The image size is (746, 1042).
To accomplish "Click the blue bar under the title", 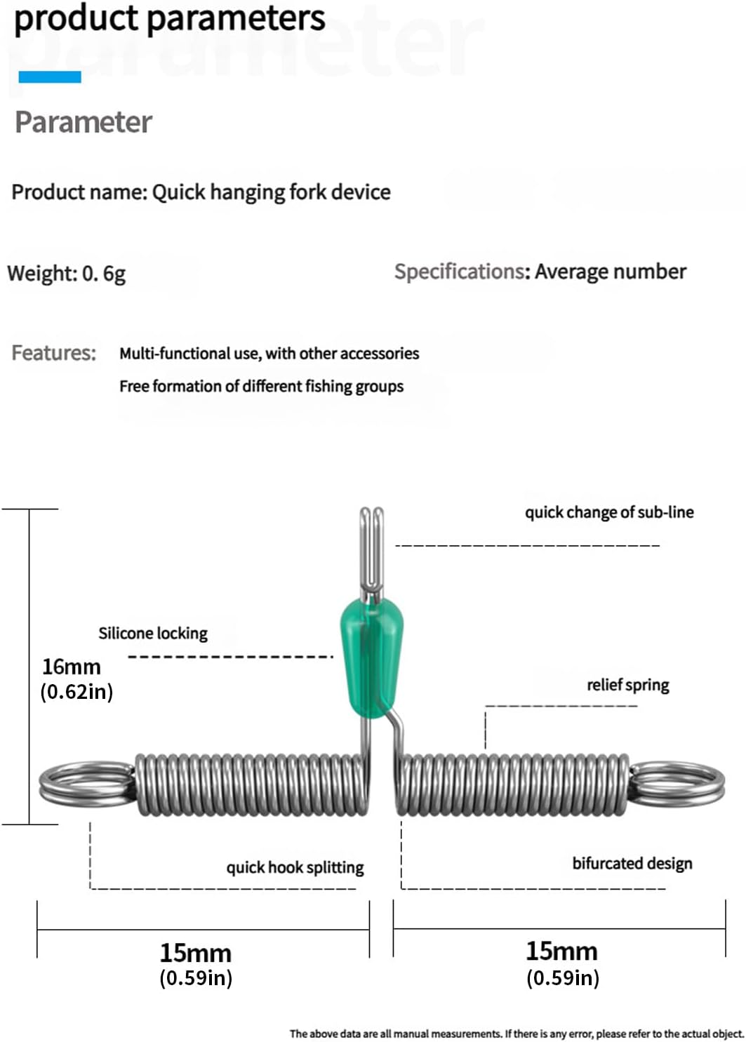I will pyautogui.click(x=49, y=77).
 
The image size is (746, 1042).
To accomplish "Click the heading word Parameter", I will pyautogui.click(x=83, y=122).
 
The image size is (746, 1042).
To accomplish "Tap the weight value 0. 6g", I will pyautogui.click(x=104, y=273).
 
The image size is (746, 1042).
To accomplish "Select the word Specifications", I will pyautogui.click(x=459, y=272).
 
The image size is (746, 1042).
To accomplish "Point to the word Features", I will pyautogui.click(x=53, y=352).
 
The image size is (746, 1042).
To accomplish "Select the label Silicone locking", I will pyautogui.click(x=153, y=633).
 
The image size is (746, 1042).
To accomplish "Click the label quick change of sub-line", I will pyautogui.click(x=609, y=512).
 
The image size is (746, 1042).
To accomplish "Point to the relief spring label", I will pyautogui.click(x=627, y=685).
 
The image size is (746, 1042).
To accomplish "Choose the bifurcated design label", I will pyautogui.click(x=632, y=863).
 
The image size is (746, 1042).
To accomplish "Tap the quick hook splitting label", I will pyautogui.click(x=295, y=867).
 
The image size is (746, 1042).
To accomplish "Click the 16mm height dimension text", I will pyautogui.click(x=71, y=667).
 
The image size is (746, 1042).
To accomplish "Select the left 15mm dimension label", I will pyautogui.click(x=195, y=953).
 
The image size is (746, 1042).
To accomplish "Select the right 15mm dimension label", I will pyautogui.click(x=561, y=951).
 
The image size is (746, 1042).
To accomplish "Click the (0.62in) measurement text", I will pyautogui.click(x=76, y=692).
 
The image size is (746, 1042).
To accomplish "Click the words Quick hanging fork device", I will pyautogui.click(x=271, y=192).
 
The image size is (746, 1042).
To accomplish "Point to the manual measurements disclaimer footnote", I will pyautogui.click(x=516, y=1034).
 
